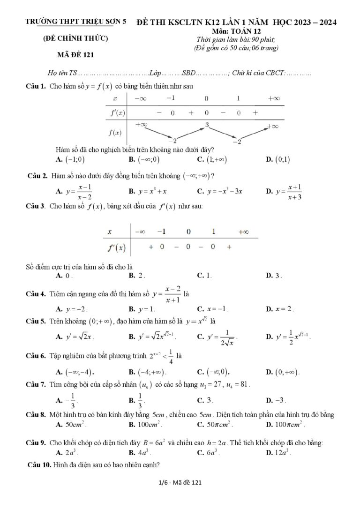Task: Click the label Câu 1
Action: [x=36, y=86]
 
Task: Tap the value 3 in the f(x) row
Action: [x=206, y=125]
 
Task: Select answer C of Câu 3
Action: [x=204, y=276]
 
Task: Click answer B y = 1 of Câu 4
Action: [x=146, y=309]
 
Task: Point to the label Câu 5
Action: [x=36, y=322]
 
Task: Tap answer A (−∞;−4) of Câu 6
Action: [x=75, y=372]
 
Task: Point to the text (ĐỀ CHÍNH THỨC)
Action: [x=75, y=38]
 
